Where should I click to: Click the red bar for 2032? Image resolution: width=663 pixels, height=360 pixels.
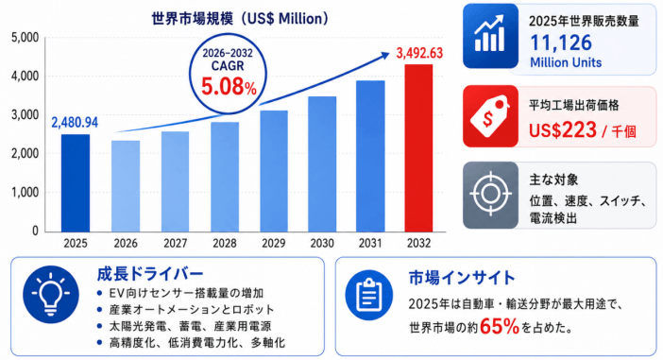(x=418, y=148)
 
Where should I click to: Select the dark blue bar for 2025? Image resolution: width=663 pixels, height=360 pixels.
(x=76, y=183)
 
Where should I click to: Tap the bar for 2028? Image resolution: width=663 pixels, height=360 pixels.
(x=225, y=177)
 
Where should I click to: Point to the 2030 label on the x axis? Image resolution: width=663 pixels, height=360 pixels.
(x=322, y=243)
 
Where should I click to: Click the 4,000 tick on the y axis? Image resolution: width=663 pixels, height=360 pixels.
(x=25, y=77)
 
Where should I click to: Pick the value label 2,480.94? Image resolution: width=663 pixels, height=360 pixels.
(x=75, y=123)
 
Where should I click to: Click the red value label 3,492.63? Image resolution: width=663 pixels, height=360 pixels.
(x=419, y=53)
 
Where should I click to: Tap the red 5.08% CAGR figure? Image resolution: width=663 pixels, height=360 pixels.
(x=229, y=87)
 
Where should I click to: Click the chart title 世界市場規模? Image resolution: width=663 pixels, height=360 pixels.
(x=192, y=19)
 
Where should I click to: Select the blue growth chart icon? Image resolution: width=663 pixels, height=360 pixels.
(x=490, y=36)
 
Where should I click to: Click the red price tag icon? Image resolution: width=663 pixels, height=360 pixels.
(x=490, y=116)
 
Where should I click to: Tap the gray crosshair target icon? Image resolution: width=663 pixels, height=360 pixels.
(x=490, y=195)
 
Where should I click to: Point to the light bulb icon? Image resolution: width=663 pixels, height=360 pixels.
(x=51, y=295)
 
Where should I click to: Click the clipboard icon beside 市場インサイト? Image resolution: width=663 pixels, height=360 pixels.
(x=368, y=295)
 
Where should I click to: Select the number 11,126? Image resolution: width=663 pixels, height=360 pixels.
(x=561, y=43)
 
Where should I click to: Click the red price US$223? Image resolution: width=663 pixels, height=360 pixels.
(x=563, y=129)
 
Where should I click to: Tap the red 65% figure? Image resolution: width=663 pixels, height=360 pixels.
(x=500, y=326)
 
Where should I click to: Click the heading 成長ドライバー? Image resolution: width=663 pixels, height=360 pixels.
(x=150, y=274)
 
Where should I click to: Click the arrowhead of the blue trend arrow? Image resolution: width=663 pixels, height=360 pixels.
(x=385, y=55)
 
